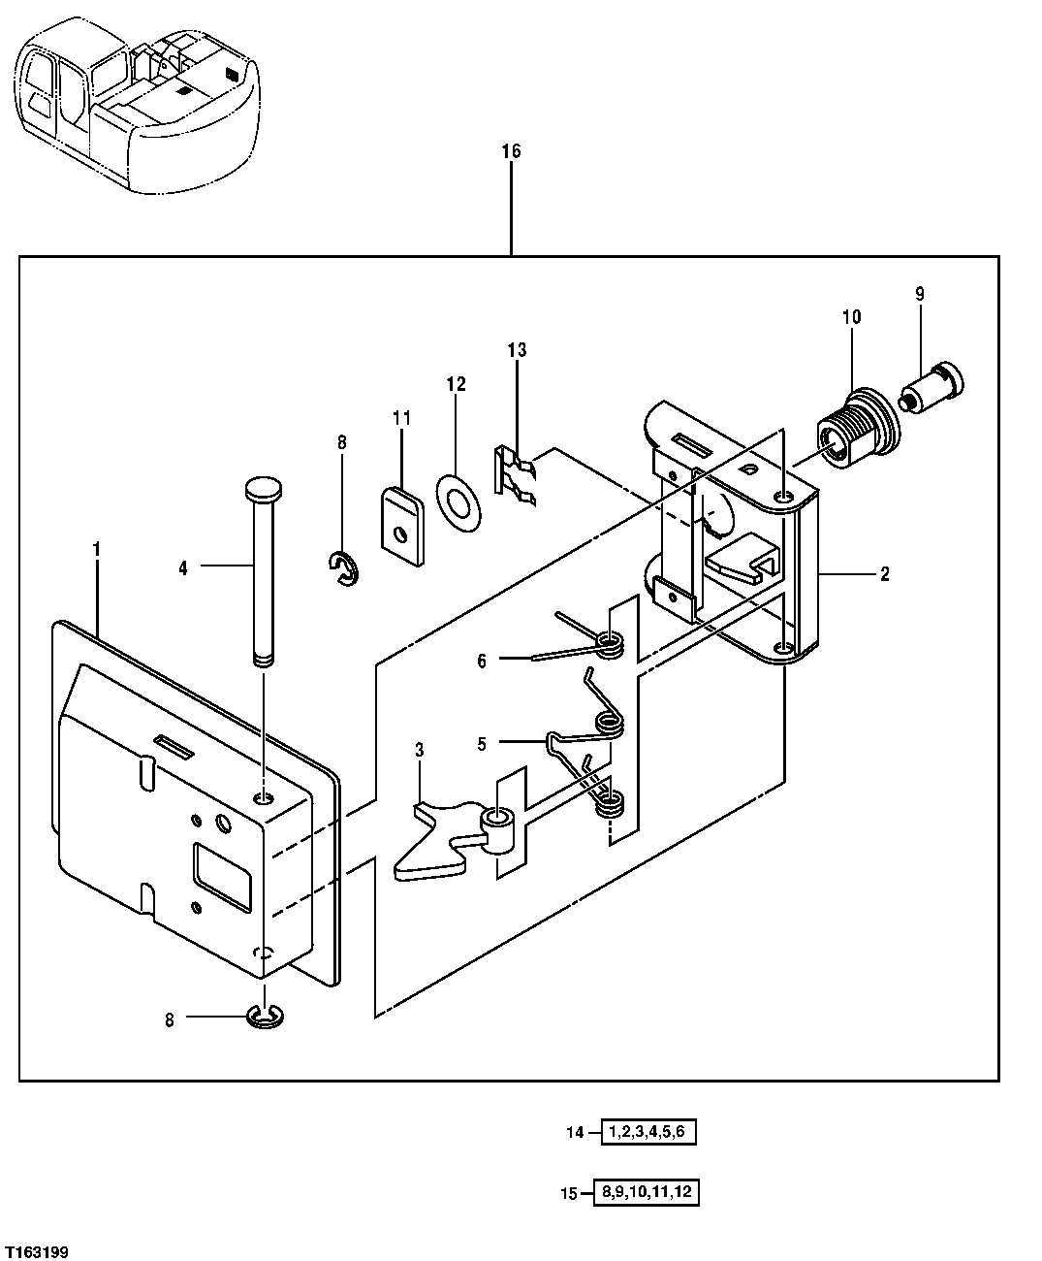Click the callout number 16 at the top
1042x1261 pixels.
511,151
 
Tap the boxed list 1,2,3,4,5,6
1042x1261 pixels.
649,1132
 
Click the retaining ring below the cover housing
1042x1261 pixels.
264,1017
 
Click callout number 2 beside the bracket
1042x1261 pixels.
884,574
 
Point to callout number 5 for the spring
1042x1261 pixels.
482,744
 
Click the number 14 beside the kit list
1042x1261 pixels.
576,1132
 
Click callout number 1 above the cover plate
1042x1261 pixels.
96,549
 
